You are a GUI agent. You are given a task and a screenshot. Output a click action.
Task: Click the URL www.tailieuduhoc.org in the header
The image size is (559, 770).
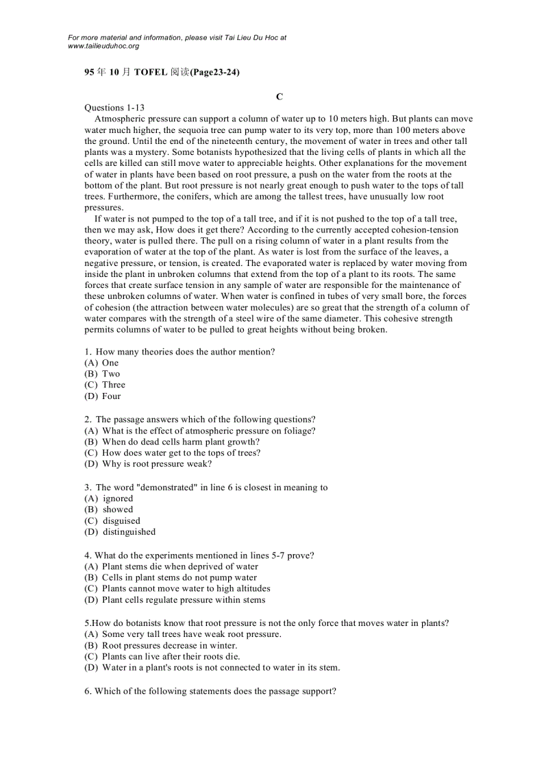coord(103,46)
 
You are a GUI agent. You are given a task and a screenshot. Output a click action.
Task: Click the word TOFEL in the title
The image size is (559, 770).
coord(151,72)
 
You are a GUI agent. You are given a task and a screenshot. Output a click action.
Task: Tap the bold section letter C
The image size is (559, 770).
coord(279,97)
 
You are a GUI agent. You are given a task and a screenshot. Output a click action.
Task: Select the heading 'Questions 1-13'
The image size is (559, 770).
coord(114,108)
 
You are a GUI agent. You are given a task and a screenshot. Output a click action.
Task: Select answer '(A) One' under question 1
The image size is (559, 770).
coord(101,363)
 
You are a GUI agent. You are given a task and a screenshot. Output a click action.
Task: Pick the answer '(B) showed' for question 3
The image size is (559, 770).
coord(109,509)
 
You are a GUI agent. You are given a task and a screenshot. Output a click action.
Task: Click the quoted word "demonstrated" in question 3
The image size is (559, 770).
coord(160,488)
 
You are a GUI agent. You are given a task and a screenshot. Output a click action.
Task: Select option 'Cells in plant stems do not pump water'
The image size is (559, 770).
coord(179,577)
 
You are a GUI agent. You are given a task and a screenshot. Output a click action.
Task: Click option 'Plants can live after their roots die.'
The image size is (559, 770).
coord(171,656)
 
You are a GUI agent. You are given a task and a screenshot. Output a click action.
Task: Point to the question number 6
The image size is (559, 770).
coord(88,691)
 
